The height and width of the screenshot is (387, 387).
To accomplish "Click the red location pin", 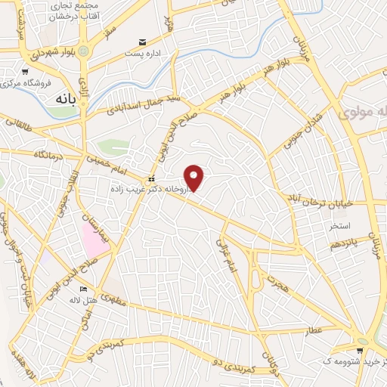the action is coord(195,177).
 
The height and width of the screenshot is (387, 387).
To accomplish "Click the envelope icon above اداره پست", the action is coord(141,42).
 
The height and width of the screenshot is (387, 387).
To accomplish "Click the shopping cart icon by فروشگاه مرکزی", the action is coord(24,71).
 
